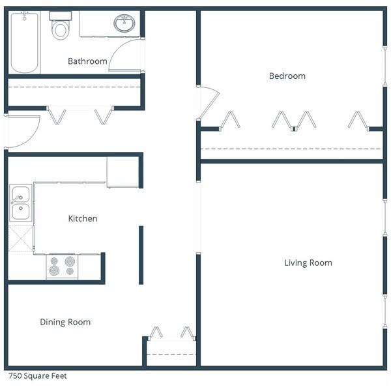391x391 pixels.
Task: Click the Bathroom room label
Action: pos(87,61)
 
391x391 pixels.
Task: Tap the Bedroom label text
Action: pos(287,76)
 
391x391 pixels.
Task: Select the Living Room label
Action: pos(308,263)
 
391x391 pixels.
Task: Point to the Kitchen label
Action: pos(83,218)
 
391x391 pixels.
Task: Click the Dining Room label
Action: pos(65,322)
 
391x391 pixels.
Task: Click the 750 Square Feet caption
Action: pos(37,376)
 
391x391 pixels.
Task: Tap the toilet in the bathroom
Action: pos(61,25)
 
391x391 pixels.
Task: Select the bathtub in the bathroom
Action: pos(24,42)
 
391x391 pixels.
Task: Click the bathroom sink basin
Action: pos(124,24)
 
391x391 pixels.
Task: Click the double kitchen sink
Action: pos(20,203)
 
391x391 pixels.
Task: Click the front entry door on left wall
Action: pos(23,132)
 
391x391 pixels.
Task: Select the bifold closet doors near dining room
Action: pos(171,334)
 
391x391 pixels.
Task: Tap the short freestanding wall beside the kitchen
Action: pos(141,255)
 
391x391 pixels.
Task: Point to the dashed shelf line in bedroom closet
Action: pos(290,149)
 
